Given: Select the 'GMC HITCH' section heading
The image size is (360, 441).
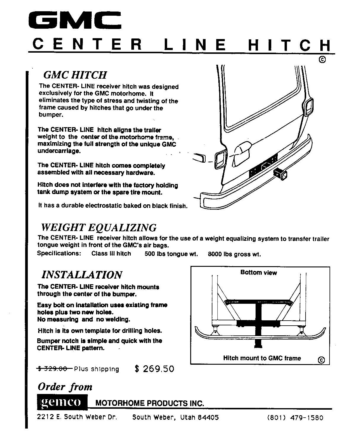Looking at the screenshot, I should click(75, 75).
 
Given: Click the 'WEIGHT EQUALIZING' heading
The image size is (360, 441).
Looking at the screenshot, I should click(99, 227).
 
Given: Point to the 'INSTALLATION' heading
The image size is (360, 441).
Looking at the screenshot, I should click(82, 274).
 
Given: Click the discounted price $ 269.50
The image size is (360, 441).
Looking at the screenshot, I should click(154, 369).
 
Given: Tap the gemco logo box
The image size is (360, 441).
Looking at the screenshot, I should click(62, 402).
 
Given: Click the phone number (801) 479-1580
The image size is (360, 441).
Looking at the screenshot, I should click(295, 418).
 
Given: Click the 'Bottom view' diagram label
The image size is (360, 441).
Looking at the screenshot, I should click(259, 272).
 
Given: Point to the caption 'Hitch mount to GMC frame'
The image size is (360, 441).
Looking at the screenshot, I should click(262, 358).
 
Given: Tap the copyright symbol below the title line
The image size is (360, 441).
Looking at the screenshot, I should click(322, 60).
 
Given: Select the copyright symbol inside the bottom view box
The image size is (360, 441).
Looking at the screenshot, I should click(321, 360).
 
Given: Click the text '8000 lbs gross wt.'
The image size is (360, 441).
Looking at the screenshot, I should click(234, 254).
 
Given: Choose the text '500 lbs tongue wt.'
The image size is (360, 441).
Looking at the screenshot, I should click(171, 254).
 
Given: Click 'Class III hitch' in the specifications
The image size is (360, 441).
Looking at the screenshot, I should click(111, 253).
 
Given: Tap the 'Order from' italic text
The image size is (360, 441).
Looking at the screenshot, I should click(65, 387).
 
